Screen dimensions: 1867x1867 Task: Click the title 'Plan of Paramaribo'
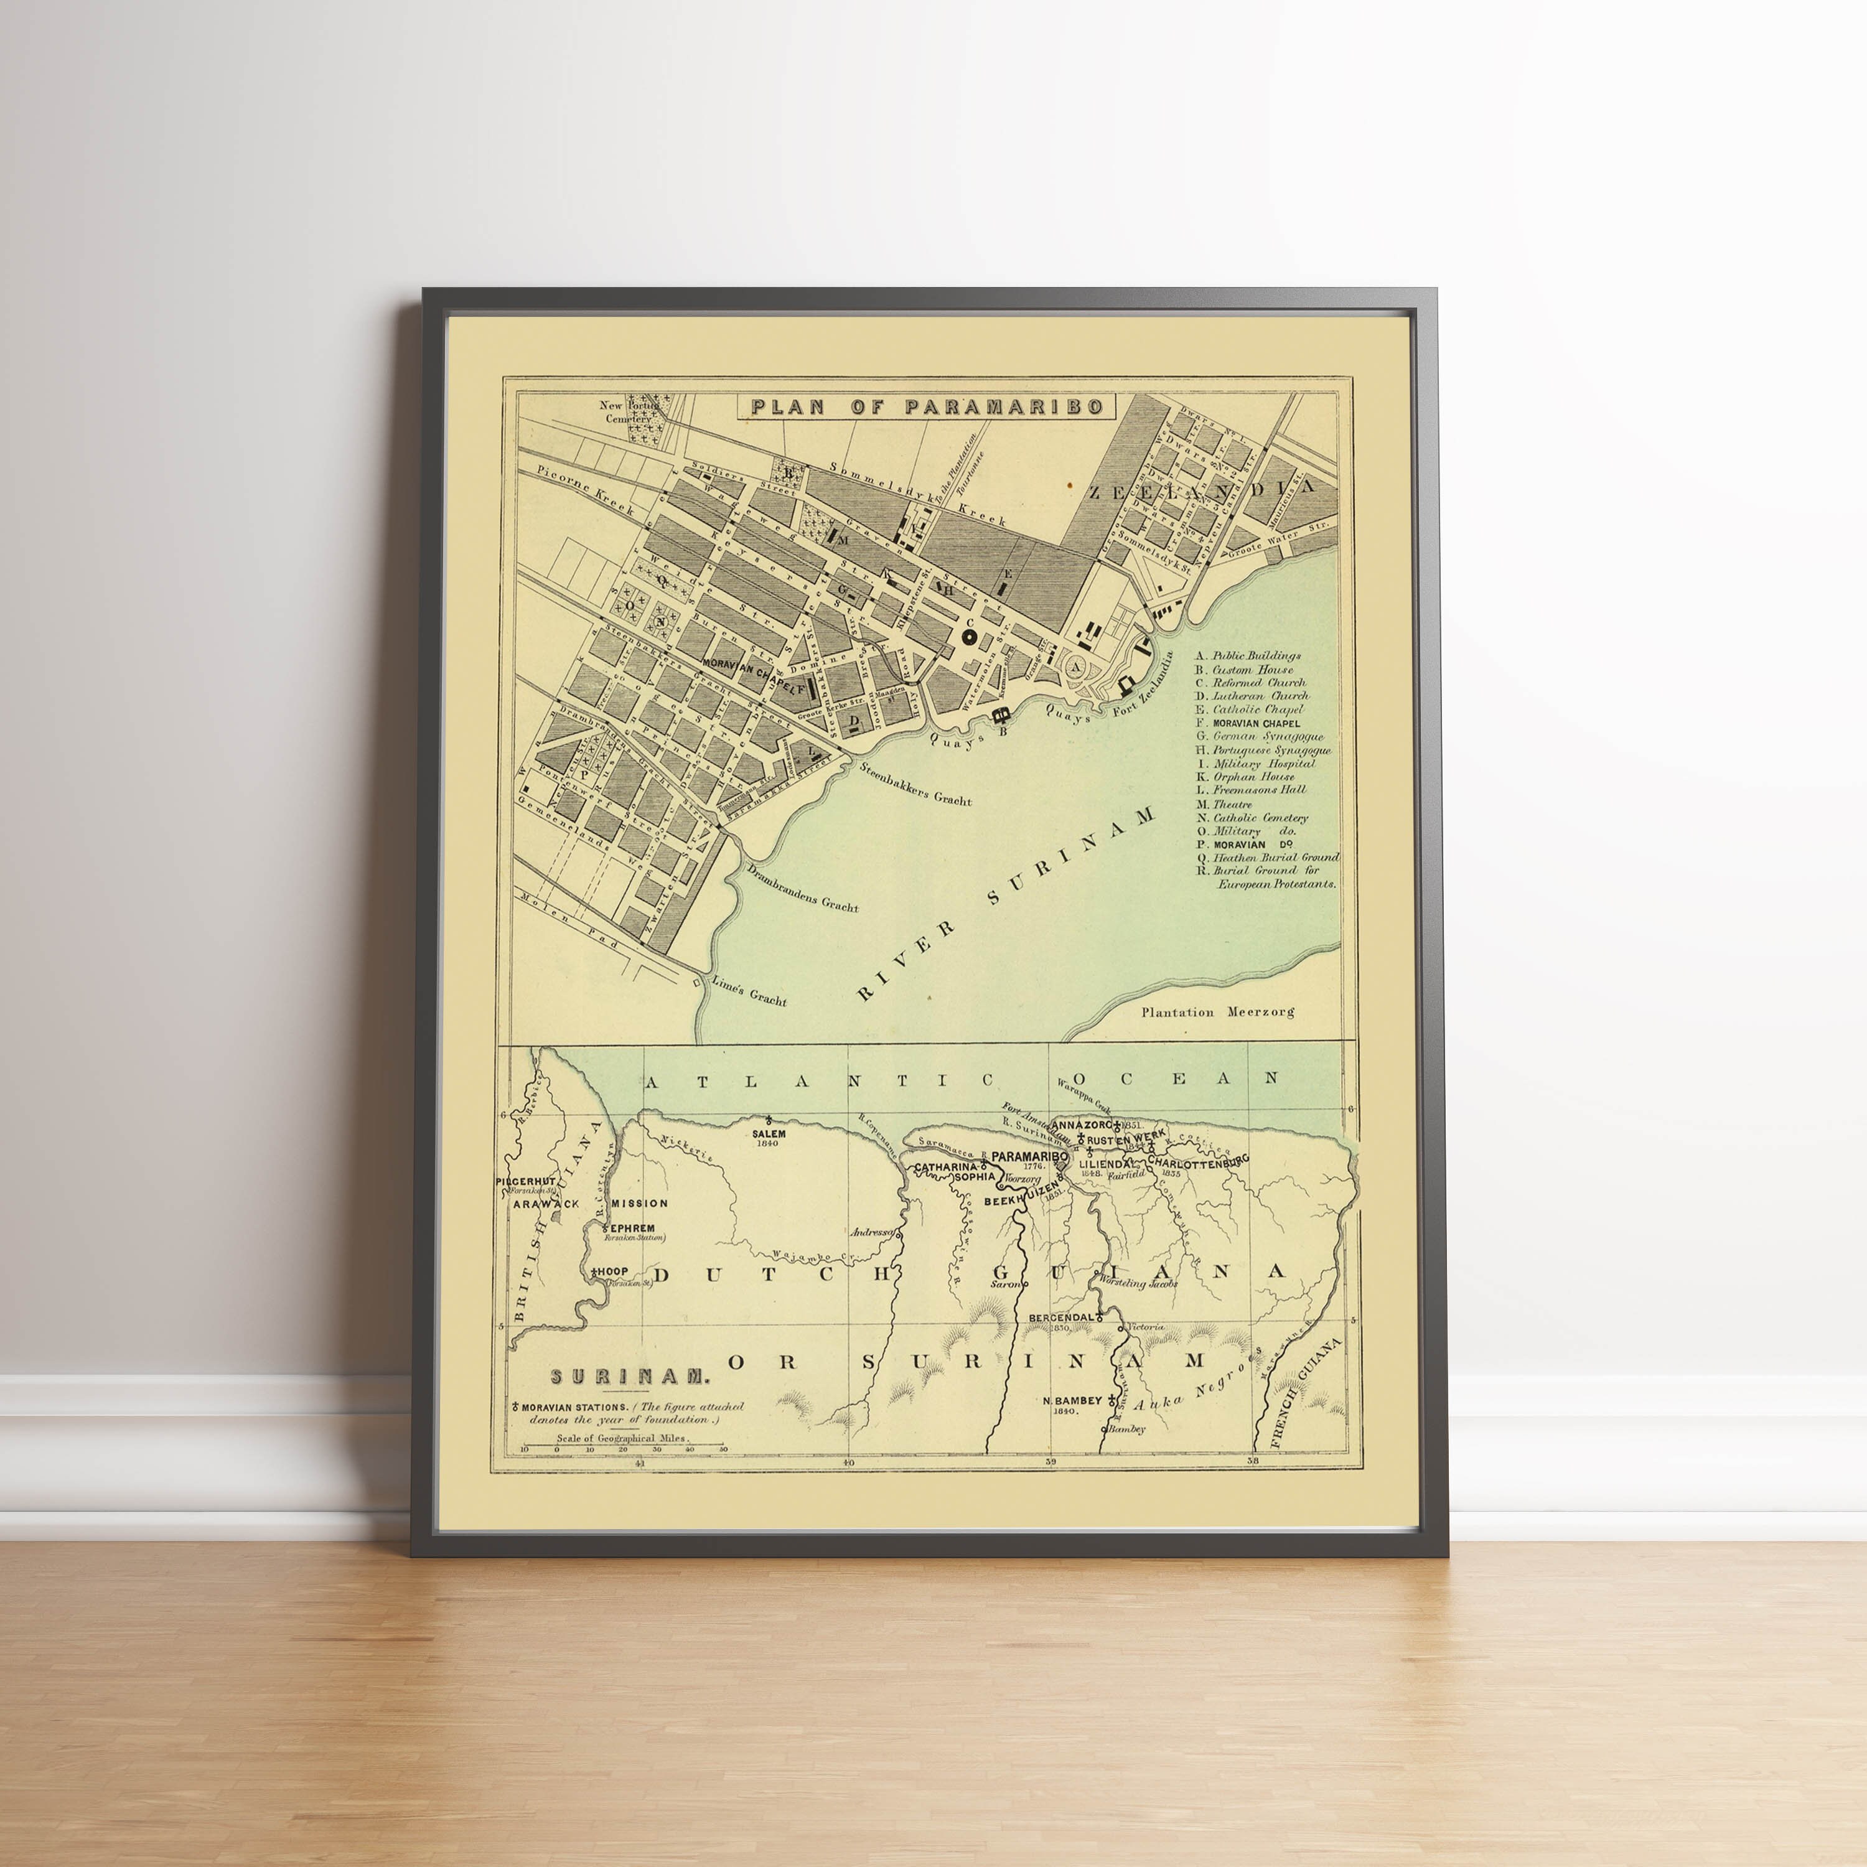(927, 406)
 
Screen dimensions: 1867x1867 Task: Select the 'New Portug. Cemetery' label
(625, 413)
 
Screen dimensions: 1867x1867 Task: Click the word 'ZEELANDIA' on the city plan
(1202, 489)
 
